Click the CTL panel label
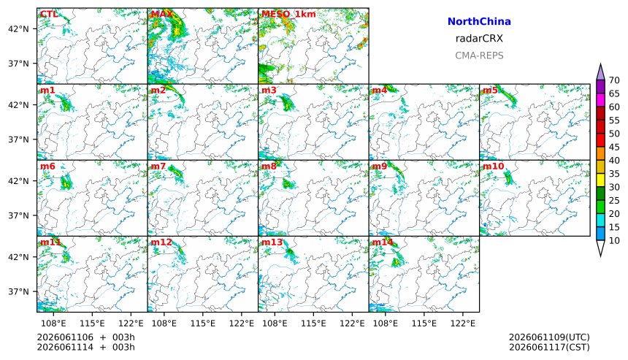(x=49, y=14)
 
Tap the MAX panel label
(x=161, y=14)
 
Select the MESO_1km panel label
(x=288, y=14)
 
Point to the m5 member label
(x=490, y=90)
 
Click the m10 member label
(x=493, y=166)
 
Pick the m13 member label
(x=272, y=242)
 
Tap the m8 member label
(x=269, y=166)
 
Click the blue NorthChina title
(x=479, y=22)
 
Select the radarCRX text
(x=479, y=39)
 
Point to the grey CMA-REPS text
(x=479, y=55)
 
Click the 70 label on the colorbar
(x=614, y=80)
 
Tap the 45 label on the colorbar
(x=614, y=147)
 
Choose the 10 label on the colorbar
(x=614, y=241)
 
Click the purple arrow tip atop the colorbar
(x=600, y=64)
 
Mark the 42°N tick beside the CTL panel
(x=18, y=28)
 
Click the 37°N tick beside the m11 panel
(x=18, y=291)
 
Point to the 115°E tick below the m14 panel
(x=424, y=323)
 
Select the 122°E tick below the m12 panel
(x=242, y=323)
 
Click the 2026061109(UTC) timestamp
(x=549, y=337)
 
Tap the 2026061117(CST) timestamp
(x=549, y=347)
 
